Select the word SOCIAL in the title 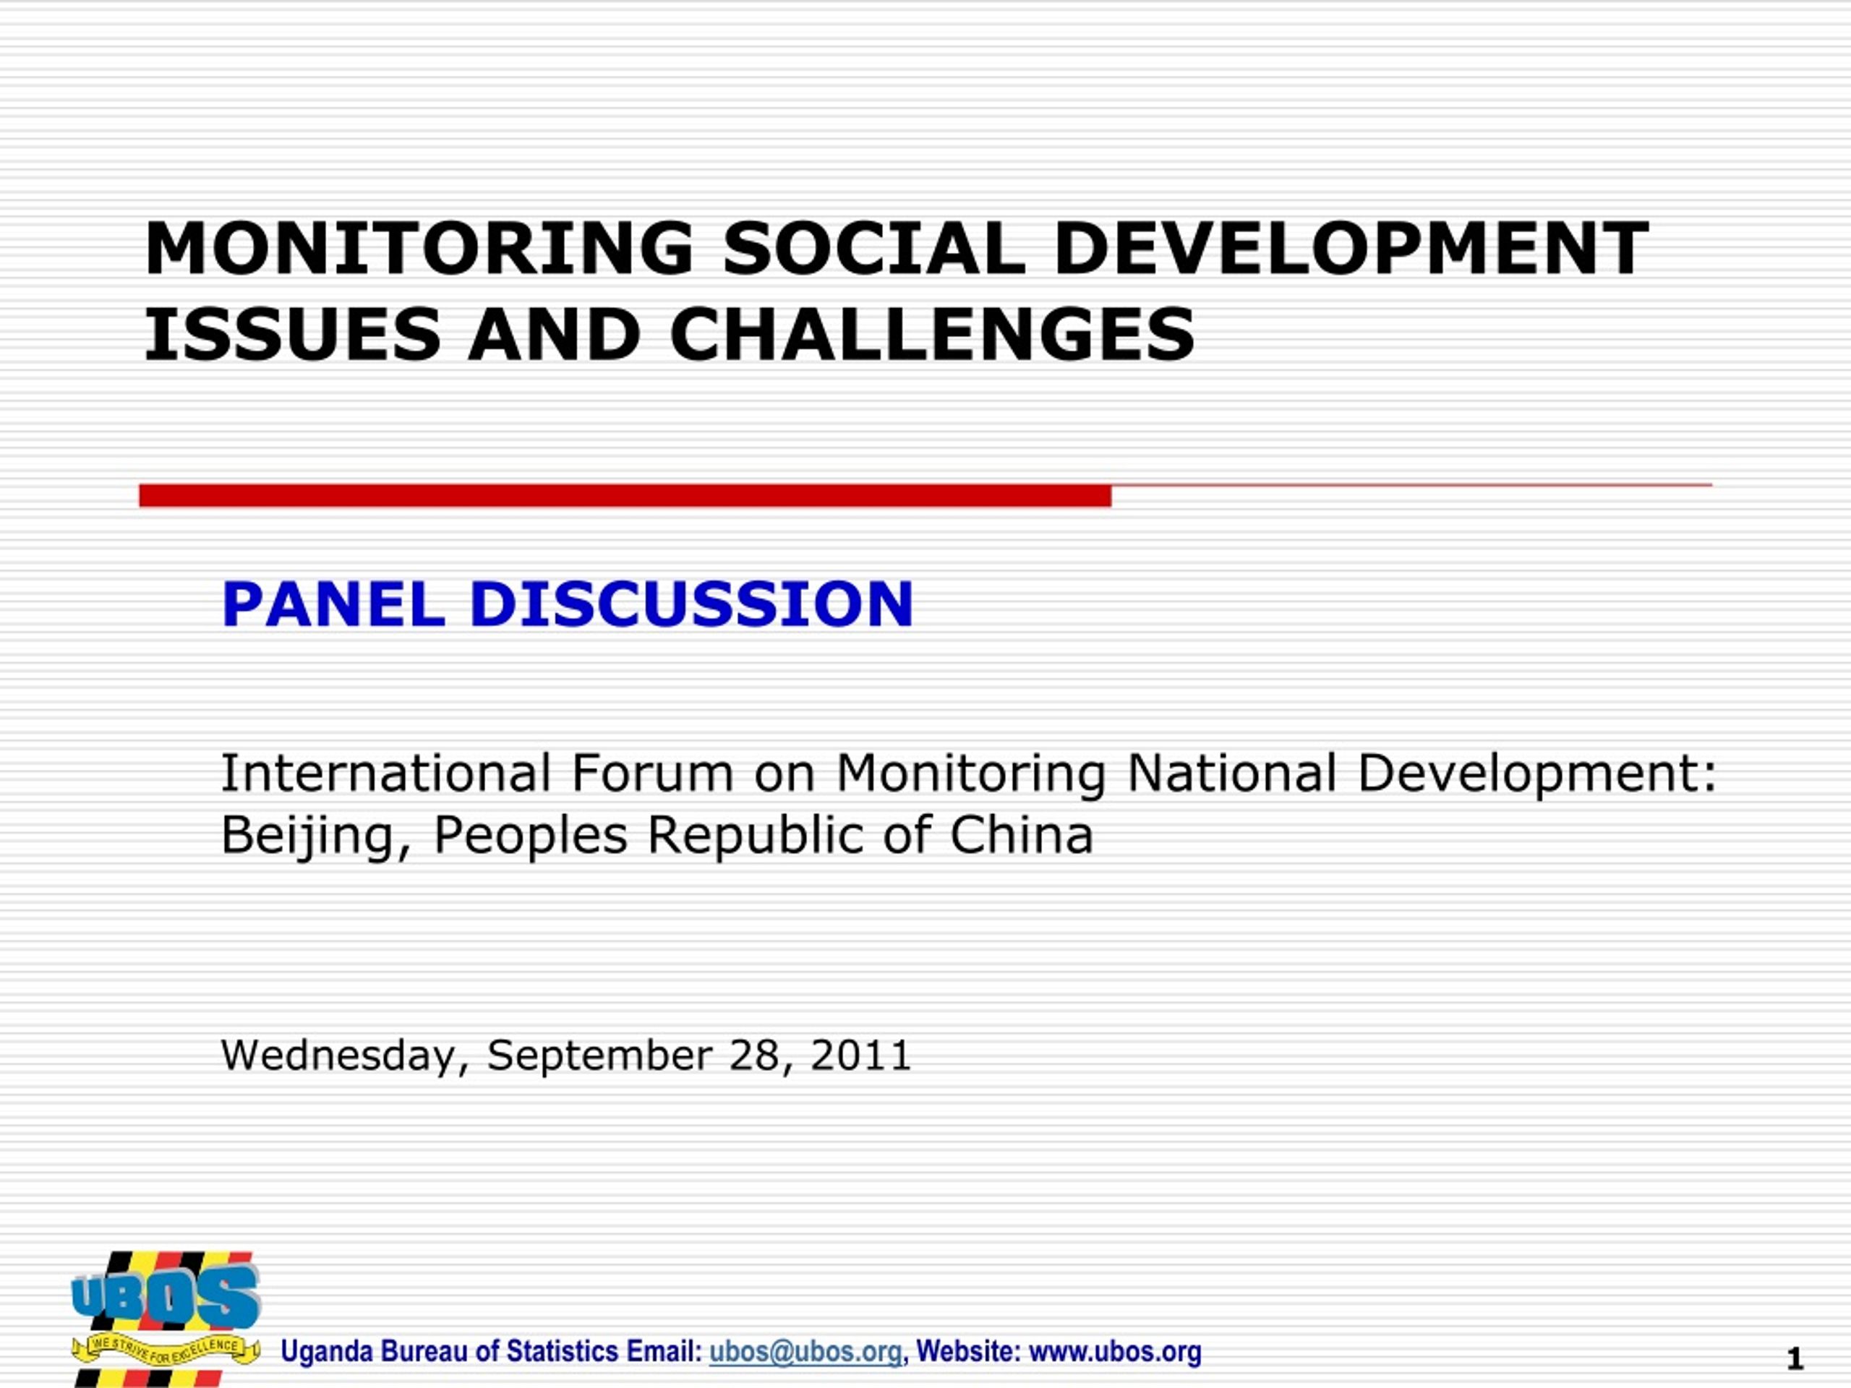[873, 249]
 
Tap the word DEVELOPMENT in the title [1351, 249]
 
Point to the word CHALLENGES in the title [932, 335]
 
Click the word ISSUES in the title [292, 335]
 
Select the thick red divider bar [625, 495]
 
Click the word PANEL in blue [332, 604]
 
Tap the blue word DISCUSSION [691, 604]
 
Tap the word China [1021, 835]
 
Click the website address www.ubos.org [1115, 1351]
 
